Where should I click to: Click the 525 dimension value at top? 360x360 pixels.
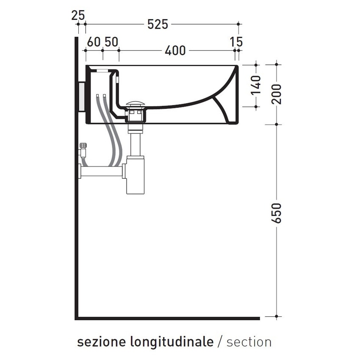(x=158, y=25)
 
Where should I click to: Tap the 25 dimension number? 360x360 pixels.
(x=78, y=15)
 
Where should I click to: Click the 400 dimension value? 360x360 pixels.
(x=175, y=50)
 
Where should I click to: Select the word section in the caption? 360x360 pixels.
(x=249, y=342)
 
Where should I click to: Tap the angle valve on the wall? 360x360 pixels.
(x=83, y=150)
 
